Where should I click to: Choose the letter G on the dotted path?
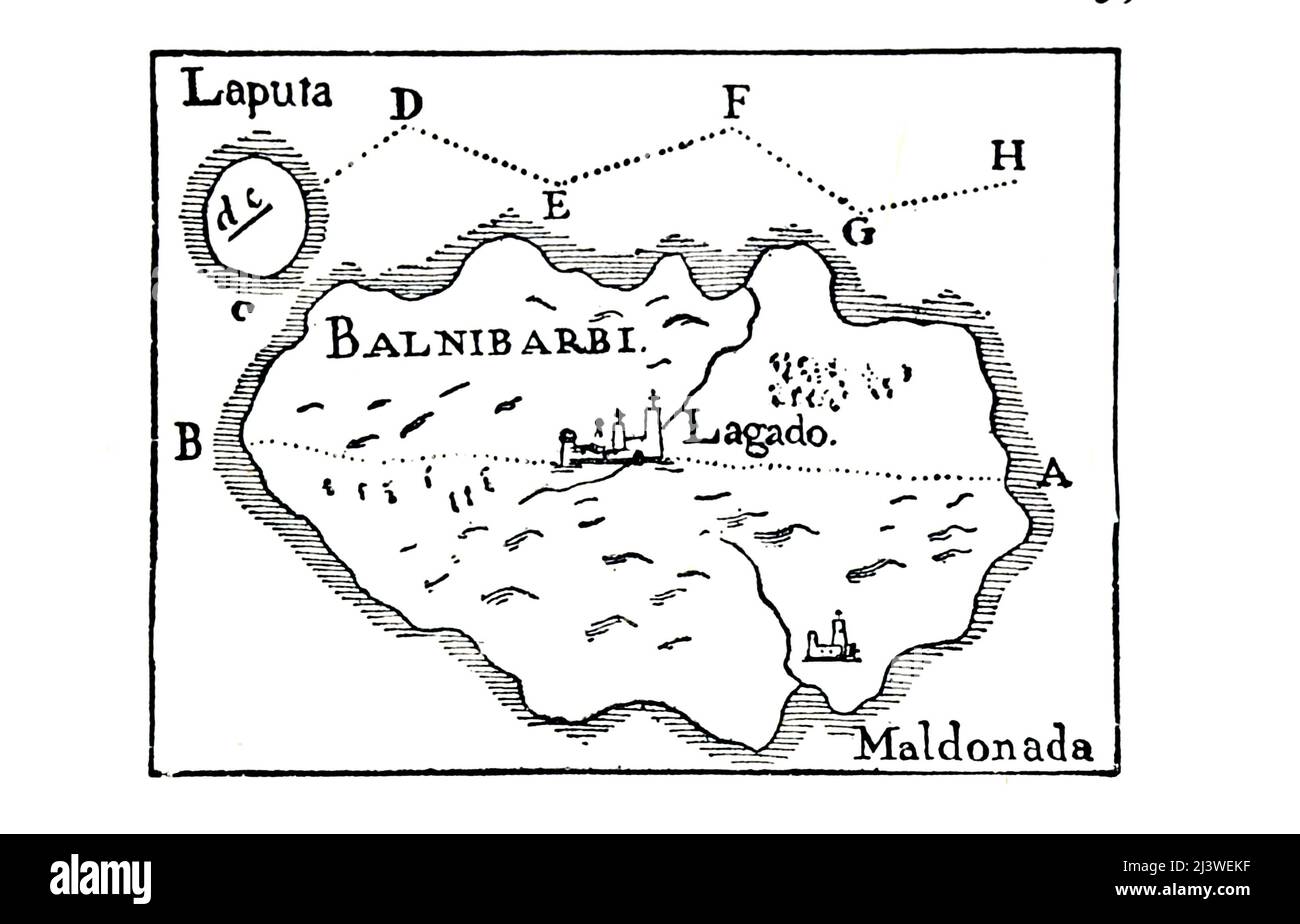tap(858, 232)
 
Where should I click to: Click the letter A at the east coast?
tap(1053, 472)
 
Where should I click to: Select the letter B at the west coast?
tap(187, 442)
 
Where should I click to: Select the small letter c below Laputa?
tap(238, 311)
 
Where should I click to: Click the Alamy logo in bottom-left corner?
tap(100, 879)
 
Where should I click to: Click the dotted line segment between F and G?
tap(795, 170)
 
